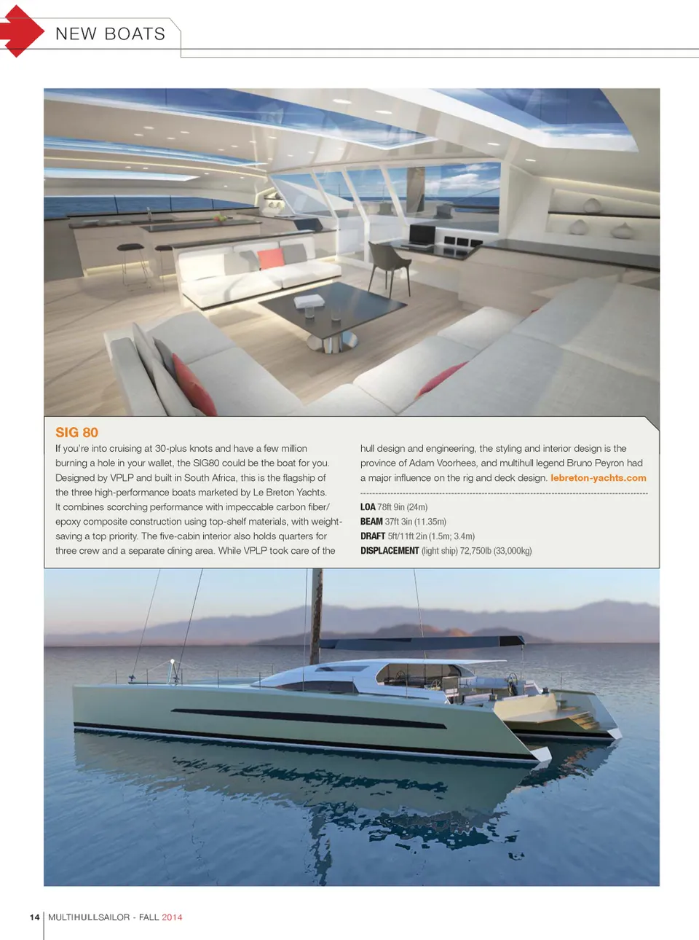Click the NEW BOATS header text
coord(111,34)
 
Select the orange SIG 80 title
coord(76,432)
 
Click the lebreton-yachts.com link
coord(598,478)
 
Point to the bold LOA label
coord(368,507)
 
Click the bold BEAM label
coord(371,522)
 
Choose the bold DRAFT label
coord(373,536)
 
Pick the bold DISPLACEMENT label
coord(390,551)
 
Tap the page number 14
coord(34,917)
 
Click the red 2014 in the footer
coord(172,917)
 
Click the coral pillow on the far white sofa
coord(271,258)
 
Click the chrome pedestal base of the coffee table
coord(340,340)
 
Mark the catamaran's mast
coord(316,612)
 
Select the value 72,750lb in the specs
coord(475,551)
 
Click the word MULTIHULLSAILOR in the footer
coord(89,917)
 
